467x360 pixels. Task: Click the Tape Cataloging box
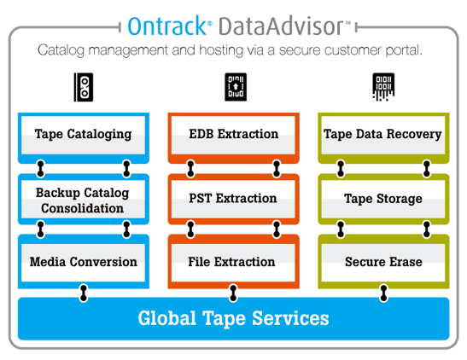84,137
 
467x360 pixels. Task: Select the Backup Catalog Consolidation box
84,200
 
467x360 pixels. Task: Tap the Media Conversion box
84,262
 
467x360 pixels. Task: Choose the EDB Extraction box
234,137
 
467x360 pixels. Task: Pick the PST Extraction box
234,200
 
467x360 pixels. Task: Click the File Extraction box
234,262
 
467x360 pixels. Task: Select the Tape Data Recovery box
383,137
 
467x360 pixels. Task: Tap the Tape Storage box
383,200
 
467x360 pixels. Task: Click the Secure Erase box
383,262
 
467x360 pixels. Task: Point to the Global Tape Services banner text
234,319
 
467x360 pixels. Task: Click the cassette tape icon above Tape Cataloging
84,87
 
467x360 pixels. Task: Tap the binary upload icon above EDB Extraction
236,87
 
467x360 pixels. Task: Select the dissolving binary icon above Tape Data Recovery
383,87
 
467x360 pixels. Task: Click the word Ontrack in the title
167,26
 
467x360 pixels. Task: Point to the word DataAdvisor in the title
282,26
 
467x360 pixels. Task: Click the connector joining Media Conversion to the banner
84,293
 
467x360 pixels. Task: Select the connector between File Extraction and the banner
234,293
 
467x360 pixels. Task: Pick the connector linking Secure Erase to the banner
384,293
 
